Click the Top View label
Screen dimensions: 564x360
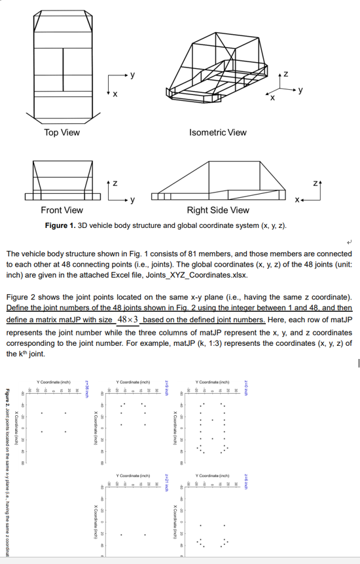pos(62,132)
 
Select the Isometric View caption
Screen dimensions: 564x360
pos(218,132)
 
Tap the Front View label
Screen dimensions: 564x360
pos(62,210)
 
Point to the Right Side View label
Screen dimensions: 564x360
pos(218,210)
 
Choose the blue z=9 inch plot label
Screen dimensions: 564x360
pos(166,387)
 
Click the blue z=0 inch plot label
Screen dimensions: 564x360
pos(246,387)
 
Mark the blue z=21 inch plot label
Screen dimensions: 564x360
pos(166,478)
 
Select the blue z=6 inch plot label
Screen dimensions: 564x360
pos(246,478)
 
